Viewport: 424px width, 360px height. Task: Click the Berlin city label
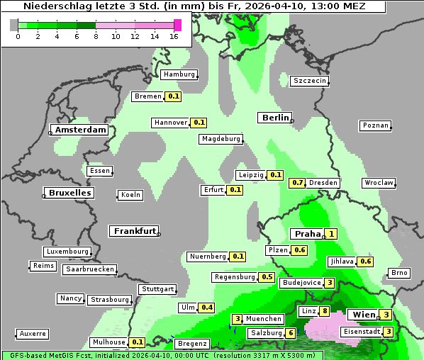(x=275, y=118)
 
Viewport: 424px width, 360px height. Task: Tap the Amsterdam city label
(x=80, y=130)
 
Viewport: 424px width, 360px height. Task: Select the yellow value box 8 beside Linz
(x=325, y=311)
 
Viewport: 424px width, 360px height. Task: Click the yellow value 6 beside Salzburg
(x=291, y=333)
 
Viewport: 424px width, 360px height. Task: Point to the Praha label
(x=308, y=234)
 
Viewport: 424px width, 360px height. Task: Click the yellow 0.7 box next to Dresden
(x=298, y=183)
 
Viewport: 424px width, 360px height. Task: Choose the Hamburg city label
(x=179, y=74)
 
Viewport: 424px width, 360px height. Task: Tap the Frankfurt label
(x=134, y=231)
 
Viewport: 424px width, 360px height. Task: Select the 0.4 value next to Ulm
(x=206, y=308)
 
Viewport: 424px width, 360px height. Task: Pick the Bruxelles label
(x=69, y=193)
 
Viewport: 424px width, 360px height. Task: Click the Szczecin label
(x=310, y=81)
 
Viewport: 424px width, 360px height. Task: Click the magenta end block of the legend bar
(x=177, y=25)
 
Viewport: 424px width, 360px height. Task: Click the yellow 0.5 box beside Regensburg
(x=267, y=277)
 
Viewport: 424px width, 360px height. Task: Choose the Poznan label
(x=375, y=125)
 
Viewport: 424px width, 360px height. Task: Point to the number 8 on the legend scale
(x=96, y=36)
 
